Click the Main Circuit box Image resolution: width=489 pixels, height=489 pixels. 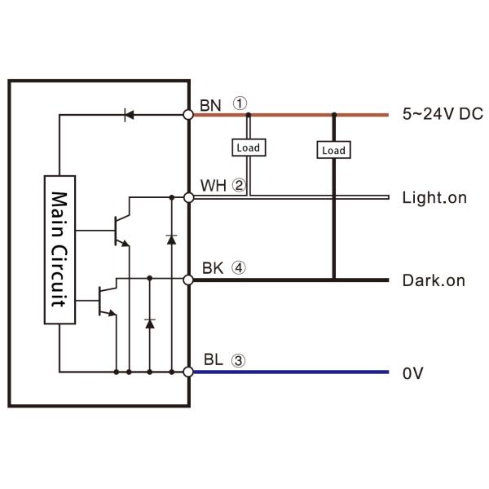(x=59, y=249)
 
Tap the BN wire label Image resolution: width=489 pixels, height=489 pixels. (x=209, y=104)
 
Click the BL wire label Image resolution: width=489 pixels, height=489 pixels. (x=209, y=359)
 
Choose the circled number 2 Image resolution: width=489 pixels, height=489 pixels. (x=238, y=185)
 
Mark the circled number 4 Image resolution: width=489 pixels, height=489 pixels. (x=238, y=267)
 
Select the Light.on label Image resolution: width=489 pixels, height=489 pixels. (x=434, y=198)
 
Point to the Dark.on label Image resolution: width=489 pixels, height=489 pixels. (x=434, y=280)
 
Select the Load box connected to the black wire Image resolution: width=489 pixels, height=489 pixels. (x=333, y=150)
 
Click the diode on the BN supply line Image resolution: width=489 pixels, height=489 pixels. (x=128, y=115)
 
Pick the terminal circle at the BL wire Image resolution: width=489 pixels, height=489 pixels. (x=188, y=372)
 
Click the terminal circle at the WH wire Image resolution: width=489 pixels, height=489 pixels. (x=188, y=197)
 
